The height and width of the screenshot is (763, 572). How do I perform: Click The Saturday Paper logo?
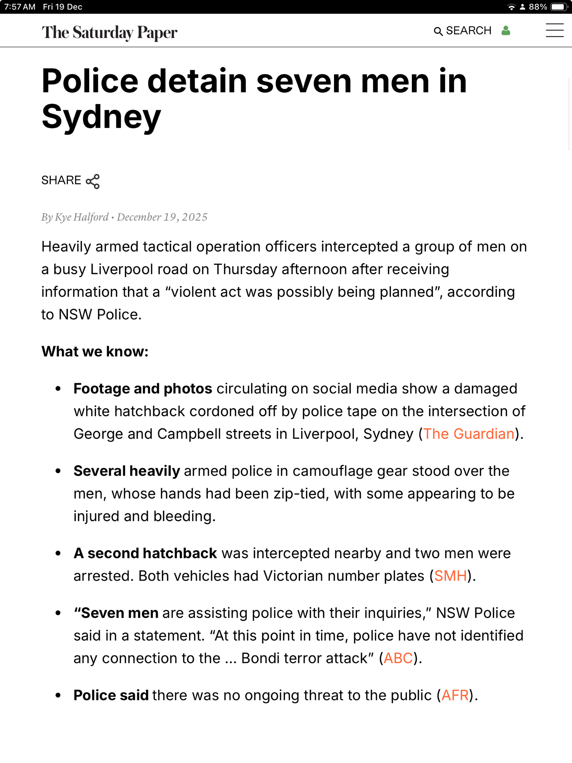click(x=109, y=32)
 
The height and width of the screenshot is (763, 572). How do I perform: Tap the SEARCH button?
click(x=463, y=31)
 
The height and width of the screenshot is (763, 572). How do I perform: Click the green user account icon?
click(x=506, y=31)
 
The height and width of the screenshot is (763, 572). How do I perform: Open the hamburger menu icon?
click(x=554, y=31)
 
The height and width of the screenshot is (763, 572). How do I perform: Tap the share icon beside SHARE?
click(x=93, y=181)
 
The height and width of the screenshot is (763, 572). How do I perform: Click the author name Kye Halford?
click(x=82, y=217)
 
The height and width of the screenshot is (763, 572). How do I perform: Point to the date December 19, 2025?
click(x=162, y=217)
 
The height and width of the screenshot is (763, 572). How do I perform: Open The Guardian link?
click(x=469, y=434)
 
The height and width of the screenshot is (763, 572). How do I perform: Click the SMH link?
click(x=450, y=576)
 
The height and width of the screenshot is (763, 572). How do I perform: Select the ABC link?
click(x=398, y=658)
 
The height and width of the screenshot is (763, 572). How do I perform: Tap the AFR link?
click(x=455, y=695)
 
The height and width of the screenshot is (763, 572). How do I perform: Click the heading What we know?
click(x=95, y=351)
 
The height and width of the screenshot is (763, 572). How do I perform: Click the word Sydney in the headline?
click(x=101, y=117)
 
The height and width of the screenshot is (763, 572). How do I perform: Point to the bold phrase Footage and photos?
click(x=143, y=388)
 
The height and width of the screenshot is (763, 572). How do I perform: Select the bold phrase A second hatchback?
click(x=145, y=553)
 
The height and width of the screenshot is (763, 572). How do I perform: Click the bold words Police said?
click(x=111, y=695)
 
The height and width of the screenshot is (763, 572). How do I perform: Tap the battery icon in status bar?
click(x=559, y=7)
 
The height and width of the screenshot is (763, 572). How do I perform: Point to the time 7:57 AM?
click(x=20, y=7)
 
